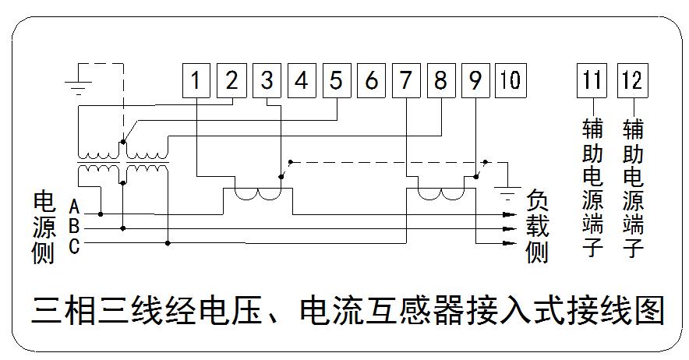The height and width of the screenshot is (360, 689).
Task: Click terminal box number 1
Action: point(197,80)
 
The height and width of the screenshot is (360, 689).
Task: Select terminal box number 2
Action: point(231,80)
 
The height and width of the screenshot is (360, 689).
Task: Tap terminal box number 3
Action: point(267,80)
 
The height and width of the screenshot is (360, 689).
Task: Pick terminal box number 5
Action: point(336,80)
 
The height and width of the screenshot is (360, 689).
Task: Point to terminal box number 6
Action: point(372,80)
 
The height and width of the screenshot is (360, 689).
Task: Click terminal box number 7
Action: point(406,80)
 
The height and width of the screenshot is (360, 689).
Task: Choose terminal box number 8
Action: point(440,80)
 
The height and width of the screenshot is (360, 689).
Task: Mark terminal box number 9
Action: point(475,80)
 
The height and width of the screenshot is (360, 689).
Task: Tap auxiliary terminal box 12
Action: point(631,80)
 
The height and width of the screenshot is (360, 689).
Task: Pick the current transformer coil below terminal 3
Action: point(258,195)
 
